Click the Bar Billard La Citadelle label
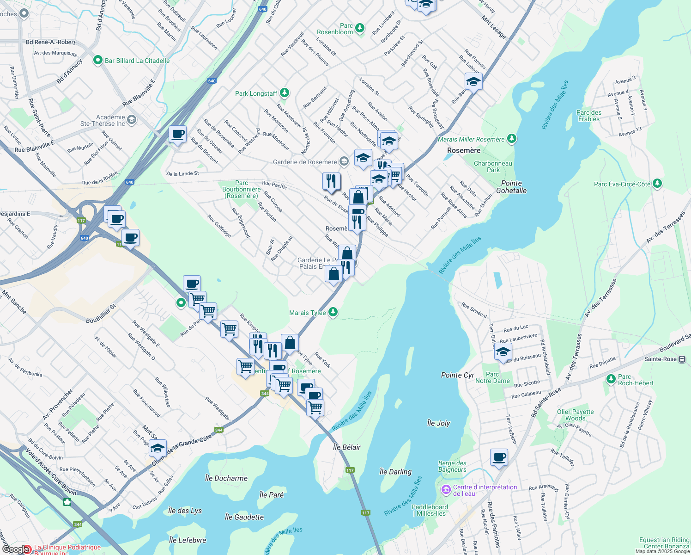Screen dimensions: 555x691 [x=137, y=61]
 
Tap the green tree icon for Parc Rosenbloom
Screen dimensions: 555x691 [x=359, y=29]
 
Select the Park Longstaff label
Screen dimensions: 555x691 [x=256, y=93]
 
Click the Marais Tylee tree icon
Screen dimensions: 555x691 [x=333, y=313]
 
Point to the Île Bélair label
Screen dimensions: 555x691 [x=347, y=447]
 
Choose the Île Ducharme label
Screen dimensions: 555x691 [x=226, y=478]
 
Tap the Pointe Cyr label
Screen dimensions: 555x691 [x=458, y=375]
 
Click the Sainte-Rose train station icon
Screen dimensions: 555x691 [x=682, y=359]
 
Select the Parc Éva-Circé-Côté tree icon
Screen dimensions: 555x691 [x=657, y=184]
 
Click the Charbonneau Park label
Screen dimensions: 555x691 [x=493, y=166]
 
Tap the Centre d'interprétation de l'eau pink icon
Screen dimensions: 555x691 [x=446, y=489]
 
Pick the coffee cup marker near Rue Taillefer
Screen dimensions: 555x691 [x=499, y=457]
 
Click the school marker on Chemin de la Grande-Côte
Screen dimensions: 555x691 [x=158, y=448]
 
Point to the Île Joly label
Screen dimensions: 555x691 [x=438, y=423]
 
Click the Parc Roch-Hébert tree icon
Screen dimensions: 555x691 [x=611, y=379]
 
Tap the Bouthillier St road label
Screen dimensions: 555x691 [x=101, y=314]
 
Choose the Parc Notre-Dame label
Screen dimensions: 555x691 [x=492, y=377]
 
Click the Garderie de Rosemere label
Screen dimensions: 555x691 [x=305, y=162]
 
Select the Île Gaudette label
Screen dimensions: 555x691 [x=244, y=517]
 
